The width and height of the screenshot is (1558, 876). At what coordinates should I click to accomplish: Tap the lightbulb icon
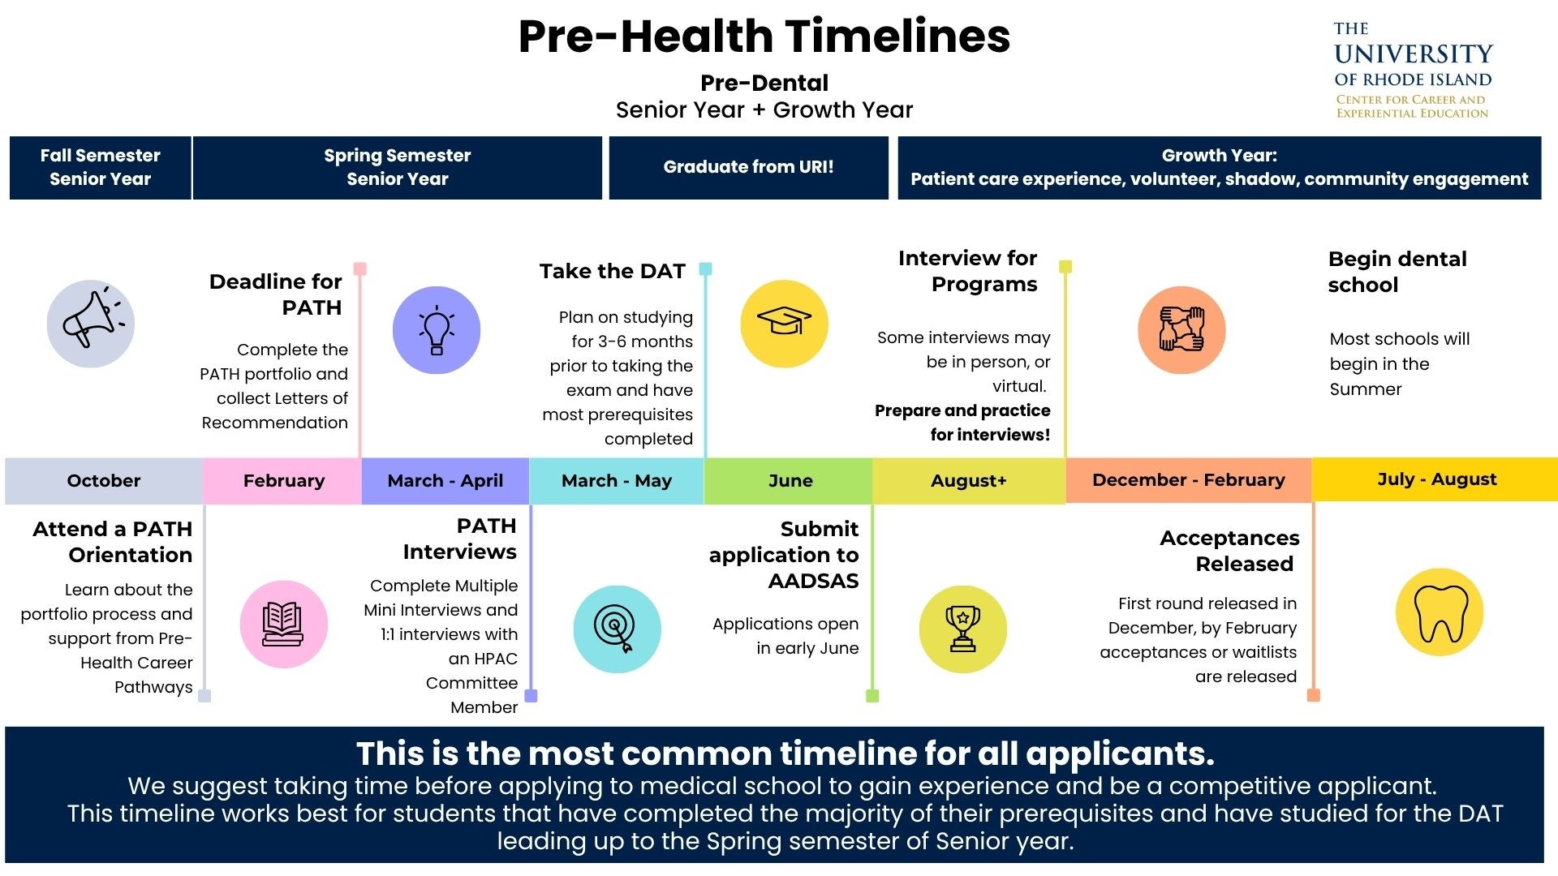(x=437, y=330)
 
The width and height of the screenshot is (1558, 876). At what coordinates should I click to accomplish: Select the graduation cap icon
(x=784, y=323)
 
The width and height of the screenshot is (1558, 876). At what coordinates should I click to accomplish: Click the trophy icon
(x=963, y=629)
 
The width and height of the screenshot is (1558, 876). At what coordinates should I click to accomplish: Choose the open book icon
(x=283, y=624)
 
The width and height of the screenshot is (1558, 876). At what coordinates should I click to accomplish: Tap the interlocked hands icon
(x=1181, y=329)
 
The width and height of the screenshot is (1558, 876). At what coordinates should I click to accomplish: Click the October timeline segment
(x=104, y=480)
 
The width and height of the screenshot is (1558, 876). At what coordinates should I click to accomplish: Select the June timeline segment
(x=789, y=480)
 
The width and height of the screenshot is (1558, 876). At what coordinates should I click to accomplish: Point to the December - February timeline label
(x=1189, y=479)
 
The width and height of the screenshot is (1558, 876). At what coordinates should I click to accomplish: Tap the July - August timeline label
(x=1437, y=479)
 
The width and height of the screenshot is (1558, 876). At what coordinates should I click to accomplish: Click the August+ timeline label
(x=969, y=480)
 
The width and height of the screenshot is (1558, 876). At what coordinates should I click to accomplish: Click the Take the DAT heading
(x=613, y=271)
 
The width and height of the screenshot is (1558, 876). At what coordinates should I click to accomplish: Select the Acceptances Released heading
(x=1230, y=551)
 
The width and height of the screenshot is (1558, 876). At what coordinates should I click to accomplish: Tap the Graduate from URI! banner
(x=748, y=167)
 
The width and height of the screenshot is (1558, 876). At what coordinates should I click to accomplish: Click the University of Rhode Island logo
(x=1413, y=71)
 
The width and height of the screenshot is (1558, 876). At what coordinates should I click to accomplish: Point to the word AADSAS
(x=813, y=581)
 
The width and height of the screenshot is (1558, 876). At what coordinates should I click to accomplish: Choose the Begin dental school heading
(x=1397, y=272)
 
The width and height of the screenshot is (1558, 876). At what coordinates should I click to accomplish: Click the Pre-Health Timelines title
(x=764, y=36)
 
